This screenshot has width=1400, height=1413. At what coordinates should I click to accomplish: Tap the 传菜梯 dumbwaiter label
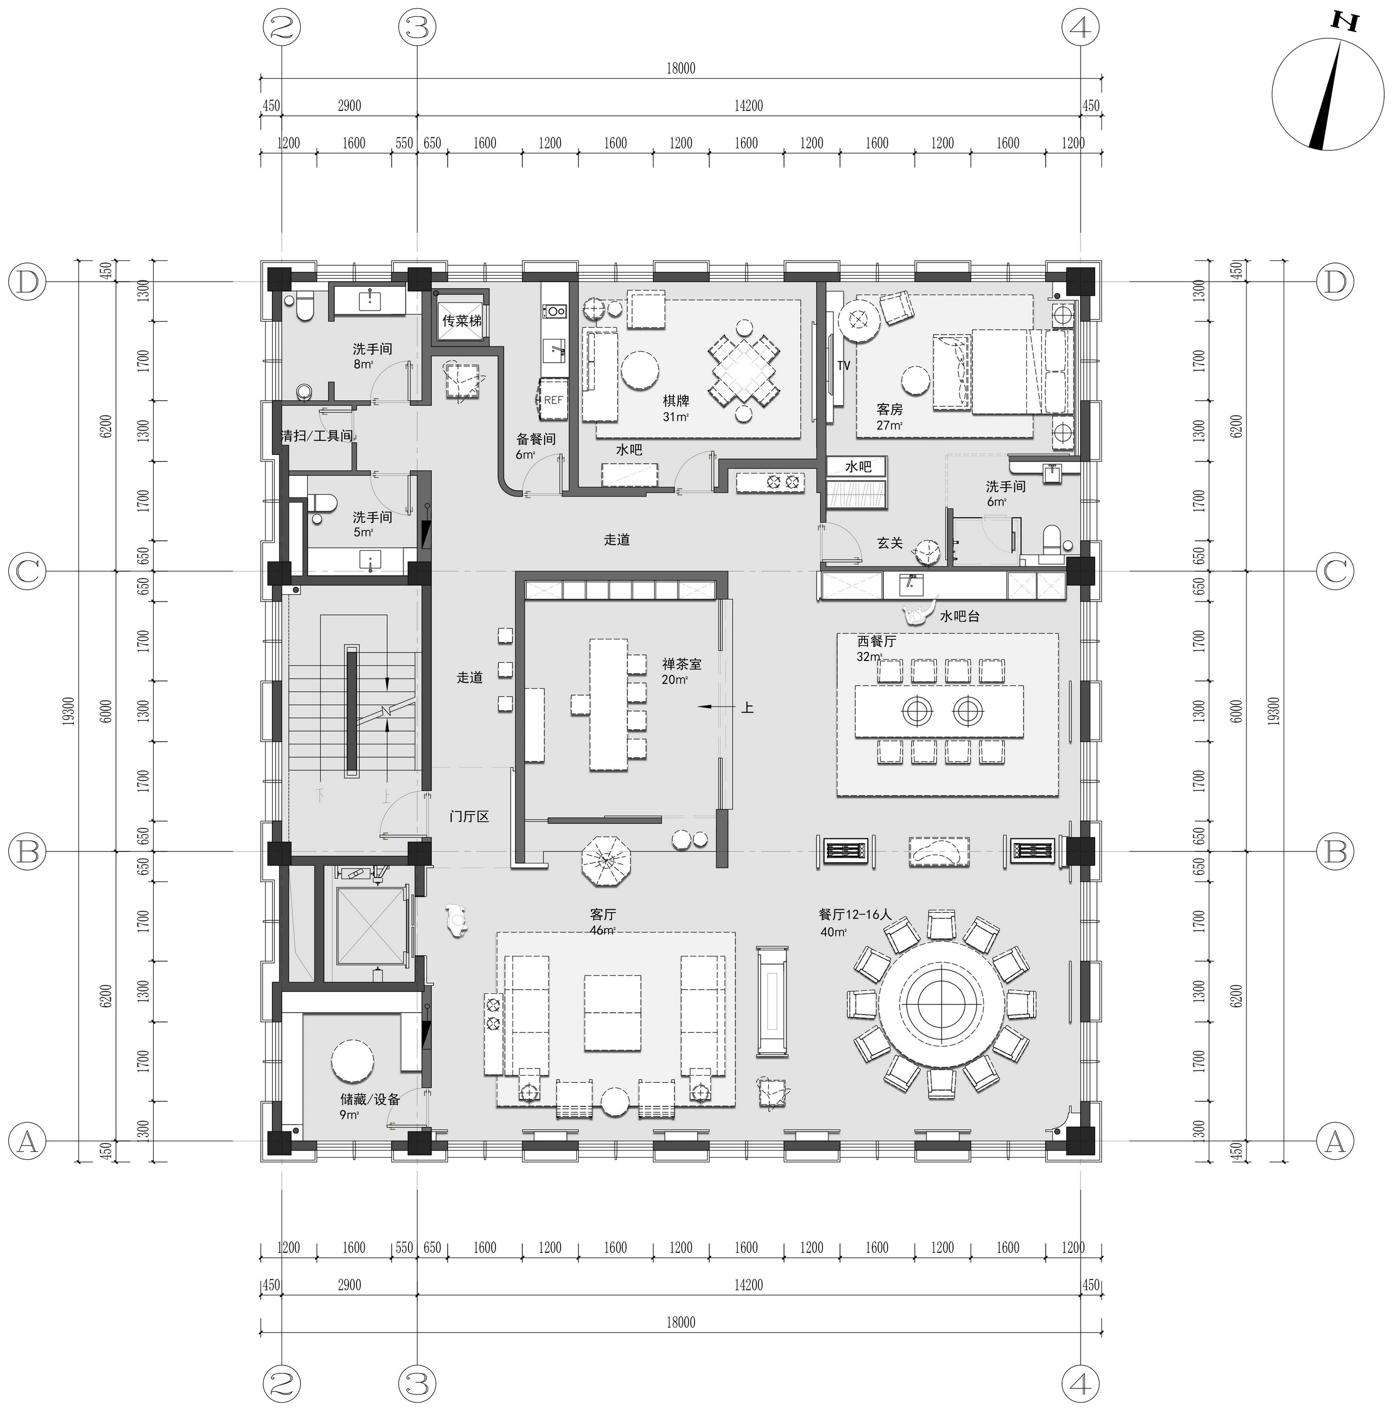click(462, 321)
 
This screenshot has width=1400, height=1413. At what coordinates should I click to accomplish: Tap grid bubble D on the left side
click(27, 282)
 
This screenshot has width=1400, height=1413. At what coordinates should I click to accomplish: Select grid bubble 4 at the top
click(1081, 28)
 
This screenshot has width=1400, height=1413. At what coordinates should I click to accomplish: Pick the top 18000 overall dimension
click(680, 68)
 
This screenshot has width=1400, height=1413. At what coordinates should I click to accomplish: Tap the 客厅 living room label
click(603, 914)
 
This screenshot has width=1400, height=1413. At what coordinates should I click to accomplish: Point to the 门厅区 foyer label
click(469, 816)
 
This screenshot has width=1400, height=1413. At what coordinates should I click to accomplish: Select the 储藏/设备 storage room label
click(370, 1099)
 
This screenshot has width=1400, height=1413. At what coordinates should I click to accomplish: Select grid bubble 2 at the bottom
click(282, 1383)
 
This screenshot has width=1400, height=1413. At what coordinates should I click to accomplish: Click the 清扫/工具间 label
click(317, 436)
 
